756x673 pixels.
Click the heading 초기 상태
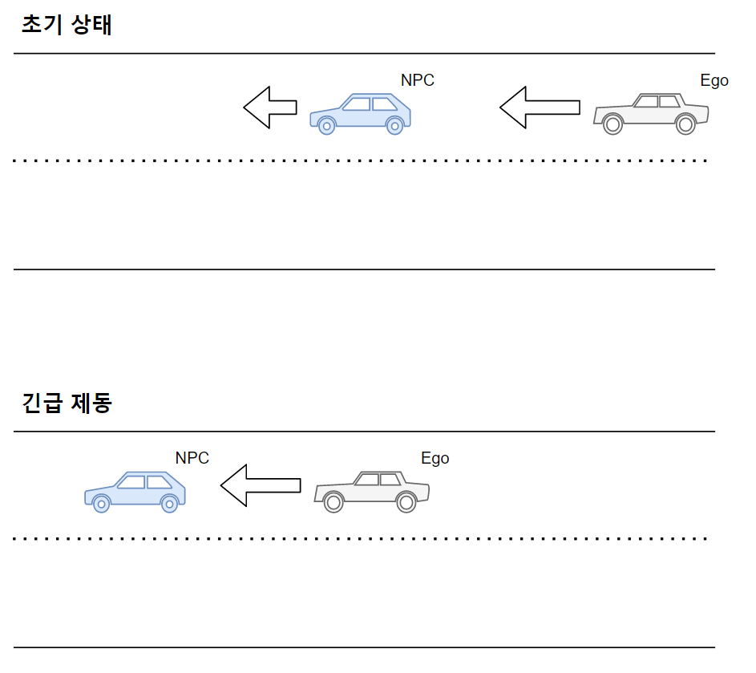click(67, 26)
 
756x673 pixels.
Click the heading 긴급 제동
click(67, 403)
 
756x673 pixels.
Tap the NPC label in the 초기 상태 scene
click(417, 80)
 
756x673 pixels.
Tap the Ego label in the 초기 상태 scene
click(714, 80)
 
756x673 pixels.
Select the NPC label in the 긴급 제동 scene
click(192, 458)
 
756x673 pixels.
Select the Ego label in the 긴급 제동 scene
click(435, 458)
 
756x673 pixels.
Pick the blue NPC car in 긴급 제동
click(135, 491)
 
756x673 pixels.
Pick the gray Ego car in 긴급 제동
click(371, 491)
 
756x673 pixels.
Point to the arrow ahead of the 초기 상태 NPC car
click(270, 107)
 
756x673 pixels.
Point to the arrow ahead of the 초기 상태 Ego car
click(539, 107)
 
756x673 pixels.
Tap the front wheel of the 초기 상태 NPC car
click(325, 125)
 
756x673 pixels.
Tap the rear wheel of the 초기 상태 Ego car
click(685, 124)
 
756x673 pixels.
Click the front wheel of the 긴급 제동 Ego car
click(334, 502)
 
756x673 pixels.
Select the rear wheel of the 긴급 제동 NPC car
click(169, 503)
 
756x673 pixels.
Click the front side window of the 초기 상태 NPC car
click(357, 103)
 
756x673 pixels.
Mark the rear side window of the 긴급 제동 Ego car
click(390, 480)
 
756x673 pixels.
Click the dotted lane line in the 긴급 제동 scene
click(361, 538)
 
